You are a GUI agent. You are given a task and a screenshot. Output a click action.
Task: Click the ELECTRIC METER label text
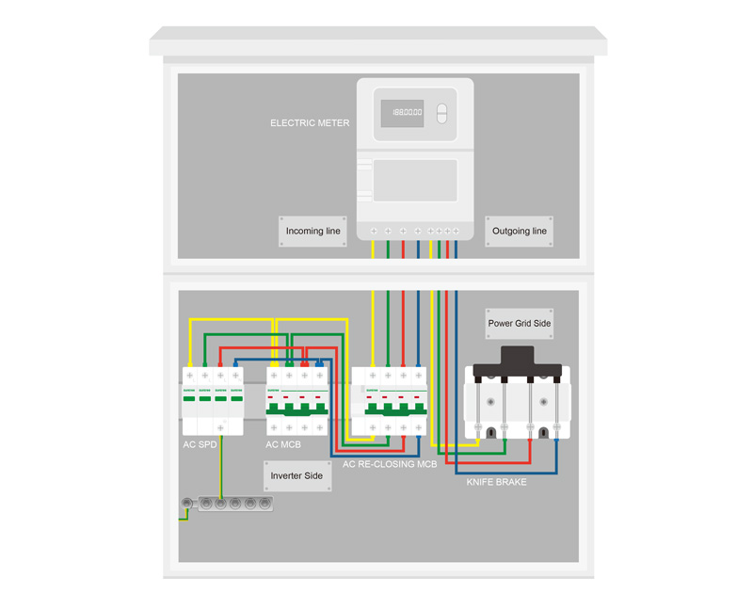[310, 123]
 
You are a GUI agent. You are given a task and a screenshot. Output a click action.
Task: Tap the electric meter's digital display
[401, 113]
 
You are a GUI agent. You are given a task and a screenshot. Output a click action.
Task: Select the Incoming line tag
[313, 231]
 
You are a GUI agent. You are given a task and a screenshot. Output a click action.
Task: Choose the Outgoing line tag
[520, 231]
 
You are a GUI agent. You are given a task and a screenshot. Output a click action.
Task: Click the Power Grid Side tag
[520, 324]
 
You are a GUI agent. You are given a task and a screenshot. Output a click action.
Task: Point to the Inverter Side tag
[296, 476]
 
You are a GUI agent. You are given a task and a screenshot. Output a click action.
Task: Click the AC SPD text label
[200, 444]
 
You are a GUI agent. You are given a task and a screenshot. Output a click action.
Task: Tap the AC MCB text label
[284, 444]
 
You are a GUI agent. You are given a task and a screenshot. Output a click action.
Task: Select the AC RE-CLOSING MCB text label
[390, 464]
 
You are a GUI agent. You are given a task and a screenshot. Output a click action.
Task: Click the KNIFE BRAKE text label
[497, 482]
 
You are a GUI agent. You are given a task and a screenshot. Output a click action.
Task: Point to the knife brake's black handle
[519, 360]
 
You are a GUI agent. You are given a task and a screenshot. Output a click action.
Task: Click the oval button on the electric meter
[442, 114]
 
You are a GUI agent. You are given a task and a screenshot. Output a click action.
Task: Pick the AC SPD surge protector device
[213, 401]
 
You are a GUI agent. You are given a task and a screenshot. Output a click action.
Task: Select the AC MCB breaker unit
[297, 401]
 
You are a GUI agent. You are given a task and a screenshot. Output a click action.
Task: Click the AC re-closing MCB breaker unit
[389, 401]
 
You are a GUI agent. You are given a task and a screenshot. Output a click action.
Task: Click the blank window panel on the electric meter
[415, 181]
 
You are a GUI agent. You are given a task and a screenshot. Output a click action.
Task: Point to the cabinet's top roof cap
[377, 40]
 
